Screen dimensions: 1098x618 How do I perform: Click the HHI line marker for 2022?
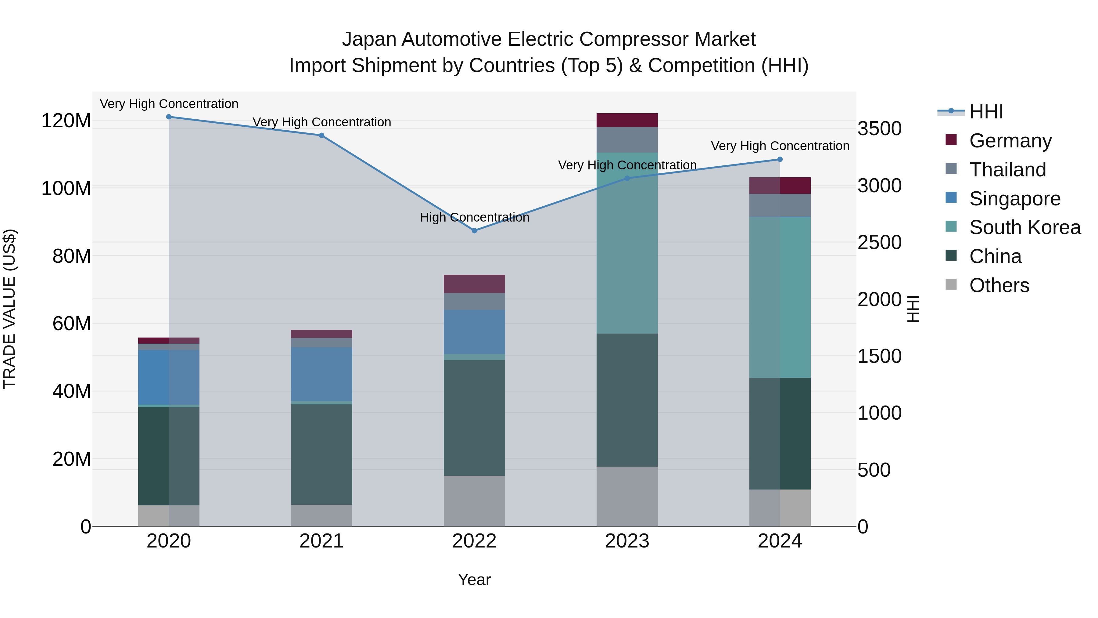click(474, 231)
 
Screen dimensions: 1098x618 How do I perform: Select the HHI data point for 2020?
click(169, 117)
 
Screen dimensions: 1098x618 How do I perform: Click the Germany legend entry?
click(1010, 141)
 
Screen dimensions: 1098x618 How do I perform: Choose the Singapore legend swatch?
click(951, 198)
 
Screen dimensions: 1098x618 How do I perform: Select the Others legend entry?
click(999, 285)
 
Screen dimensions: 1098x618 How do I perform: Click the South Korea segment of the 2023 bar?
click(627, 243)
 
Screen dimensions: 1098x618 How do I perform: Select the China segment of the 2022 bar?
click(474, 418)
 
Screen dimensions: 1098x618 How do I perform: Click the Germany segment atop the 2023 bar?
click(627, 120)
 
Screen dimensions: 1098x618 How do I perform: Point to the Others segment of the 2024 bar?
click(780, 508)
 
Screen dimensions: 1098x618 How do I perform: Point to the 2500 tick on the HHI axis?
click(879, 243)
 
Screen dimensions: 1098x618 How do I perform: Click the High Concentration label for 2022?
click(474, 218)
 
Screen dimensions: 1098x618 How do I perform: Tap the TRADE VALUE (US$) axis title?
click(9, 309)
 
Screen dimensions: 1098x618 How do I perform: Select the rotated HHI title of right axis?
click(913, 309)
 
